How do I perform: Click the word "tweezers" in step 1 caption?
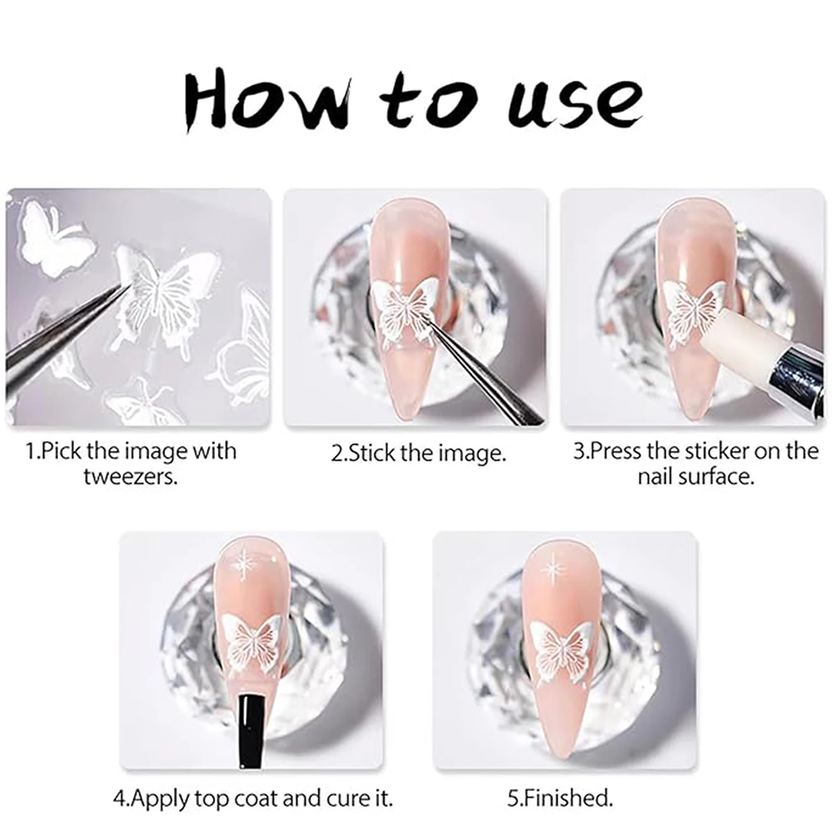(130, 477)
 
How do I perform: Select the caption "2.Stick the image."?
(418, 453)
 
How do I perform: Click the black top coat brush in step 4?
(251, 725)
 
